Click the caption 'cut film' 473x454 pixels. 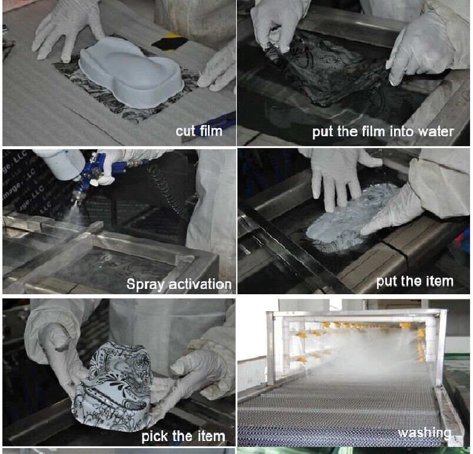tap(199, 131)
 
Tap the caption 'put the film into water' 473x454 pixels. tap(383, 131)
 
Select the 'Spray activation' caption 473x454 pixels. tap(179, 284)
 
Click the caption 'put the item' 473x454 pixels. tap(415, 281)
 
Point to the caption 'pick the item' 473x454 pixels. tap(183, 436)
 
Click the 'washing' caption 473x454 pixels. tap(425, 433)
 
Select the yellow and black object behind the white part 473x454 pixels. tap(170, 41)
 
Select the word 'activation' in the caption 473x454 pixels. tap(200, 284)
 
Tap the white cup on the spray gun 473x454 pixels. tap(60, 163)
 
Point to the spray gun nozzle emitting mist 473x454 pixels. tap(77, 198)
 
